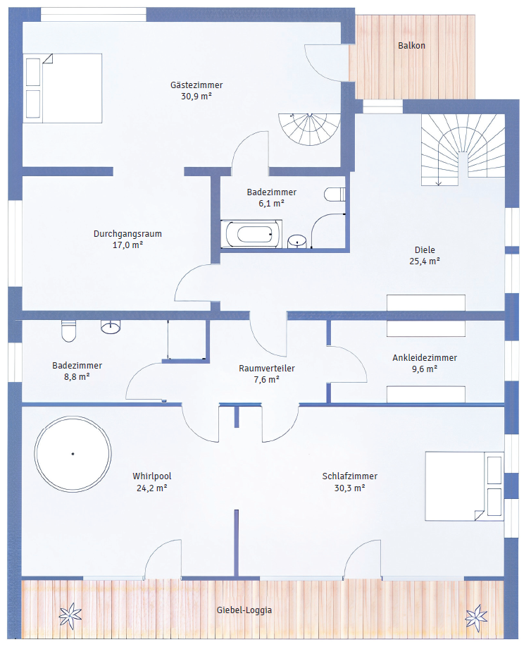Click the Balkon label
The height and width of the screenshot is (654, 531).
[x=411, y=46]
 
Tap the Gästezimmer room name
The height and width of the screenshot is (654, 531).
[x=196, y=85]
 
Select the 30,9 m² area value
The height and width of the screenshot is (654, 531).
[x=196, y=97]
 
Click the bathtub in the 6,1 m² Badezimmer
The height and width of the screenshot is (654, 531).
[x=251, y=234]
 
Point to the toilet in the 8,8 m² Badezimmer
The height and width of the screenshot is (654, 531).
[x=69, y=331]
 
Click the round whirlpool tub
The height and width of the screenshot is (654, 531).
[x=73, y=454]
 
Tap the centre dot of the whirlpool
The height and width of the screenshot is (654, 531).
[x=73, y=454]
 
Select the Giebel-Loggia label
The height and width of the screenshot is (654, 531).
[x=244, y=610]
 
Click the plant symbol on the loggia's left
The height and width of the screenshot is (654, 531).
[x=70, y=615]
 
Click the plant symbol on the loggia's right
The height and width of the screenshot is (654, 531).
[x=476, y=618]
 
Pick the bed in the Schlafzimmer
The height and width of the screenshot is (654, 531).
[x=465, y=486]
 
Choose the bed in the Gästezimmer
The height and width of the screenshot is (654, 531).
[x=63, y=88]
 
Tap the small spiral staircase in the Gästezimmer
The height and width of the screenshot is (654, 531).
[x=309, y=129]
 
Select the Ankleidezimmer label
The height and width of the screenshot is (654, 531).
[x=425, y=358]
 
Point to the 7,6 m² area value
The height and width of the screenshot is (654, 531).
[x=266, y=380]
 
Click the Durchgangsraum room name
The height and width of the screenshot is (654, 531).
[x=127, y=234]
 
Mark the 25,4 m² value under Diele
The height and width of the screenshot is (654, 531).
[x=425, y=261]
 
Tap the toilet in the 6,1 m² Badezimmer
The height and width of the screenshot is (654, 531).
[x=335, y=195]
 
